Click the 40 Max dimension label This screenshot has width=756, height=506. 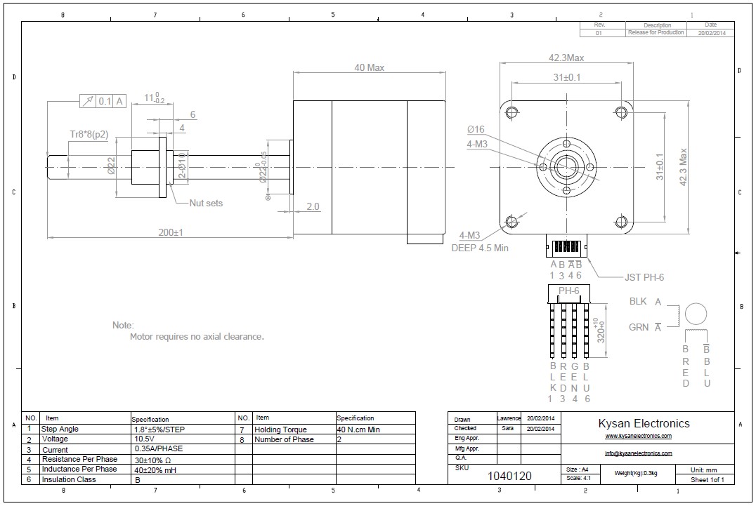click(x=369, y=68)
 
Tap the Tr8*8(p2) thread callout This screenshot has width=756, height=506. click(x=89, y=135)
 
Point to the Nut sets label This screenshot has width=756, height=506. click(x=206, y=204)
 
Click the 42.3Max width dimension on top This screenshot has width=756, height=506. click(x=566, y=58)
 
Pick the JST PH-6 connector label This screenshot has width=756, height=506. click(x=644, y=277)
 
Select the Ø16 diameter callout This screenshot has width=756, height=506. click(x=476, y=129)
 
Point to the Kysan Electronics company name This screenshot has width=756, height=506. click(x=644, y=423)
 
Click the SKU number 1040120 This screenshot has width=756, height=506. click(x=509, y=476)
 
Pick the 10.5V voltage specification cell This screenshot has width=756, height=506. click(x=144, y=439)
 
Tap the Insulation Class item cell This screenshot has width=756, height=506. click(x=68, y=479)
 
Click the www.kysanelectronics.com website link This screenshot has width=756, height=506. click(x=638, y=436)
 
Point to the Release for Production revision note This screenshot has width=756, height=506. click(x=655, y=33)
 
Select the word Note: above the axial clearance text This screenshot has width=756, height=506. click(x=122, y=326)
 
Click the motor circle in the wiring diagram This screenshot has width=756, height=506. click(x=695, y=314)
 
